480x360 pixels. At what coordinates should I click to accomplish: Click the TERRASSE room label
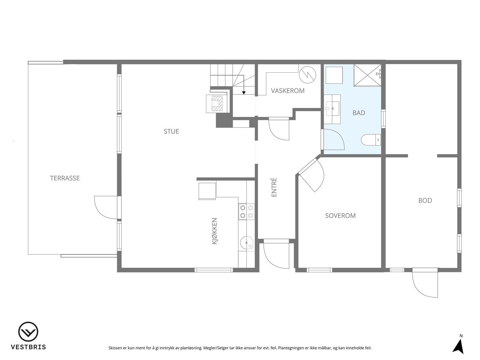click(x=65, y=178)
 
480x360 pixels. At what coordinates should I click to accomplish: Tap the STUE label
click(x=171, y=131)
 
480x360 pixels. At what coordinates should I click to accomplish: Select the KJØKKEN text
click(x=214, y=231)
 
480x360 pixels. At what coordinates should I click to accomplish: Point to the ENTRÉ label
click(x=274, y=187)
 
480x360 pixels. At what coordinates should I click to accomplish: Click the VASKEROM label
click(x=288, y=91)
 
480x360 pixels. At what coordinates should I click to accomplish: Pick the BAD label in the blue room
click(x=359, y=113)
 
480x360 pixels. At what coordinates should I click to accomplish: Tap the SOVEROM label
click(x=340, y=216)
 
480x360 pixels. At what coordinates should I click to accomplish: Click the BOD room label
click(x=425, y=201)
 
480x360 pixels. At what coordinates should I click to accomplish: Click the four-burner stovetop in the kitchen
click(x=246, y=211)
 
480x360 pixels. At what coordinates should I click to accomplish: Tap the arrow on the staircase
click(x=244, y=92)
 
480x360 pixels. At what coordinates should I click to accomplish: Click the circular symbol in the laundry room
click(x=307, y=74)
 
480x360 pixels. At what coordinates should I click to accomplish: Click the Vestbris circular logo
click(x=28, y=332)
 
